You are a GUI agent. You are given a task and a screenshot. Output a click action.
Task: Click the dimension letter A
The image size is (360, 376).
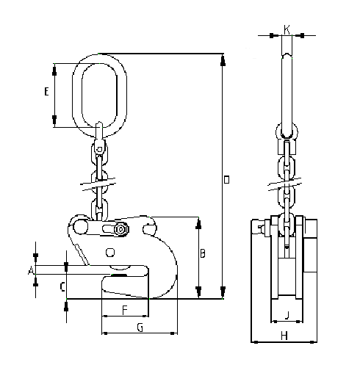pyautogui.click(x=30, y=271)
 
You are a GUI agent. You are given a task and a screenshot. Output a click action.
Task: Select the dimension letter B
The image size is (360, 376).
pyautogui.click(x=203, y=254)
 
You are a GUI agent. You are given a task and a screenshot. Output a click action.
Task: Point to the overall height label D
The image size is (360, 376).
pyautogui.click(x=227, y=179)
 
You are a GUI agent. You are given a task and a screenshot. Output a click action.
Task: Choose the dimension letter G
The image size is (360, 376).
pyautogui.click(x=139, y=326)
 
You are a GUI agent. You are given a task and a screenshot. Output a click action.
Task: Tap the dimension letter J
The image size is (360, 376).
pyautogui.click(x=287, y=317)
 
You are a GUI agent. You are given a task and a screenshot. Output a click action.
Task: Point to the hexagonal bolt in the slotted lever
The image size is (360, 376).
pyautogui.click(x=120, y=231)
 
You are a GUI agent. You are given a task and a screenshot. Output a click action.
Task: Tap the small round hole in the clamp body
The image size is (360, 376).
pyautogui.click(x=110, y=253)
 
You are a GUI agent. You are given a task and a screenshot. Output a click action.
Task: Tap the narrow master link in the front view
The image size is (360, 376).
pyautogui.click(x=287, y=81)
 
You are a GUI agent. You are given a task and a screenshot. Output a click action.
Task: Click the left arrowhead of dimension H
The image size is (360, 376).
pyautogui.click(x=254, y=342)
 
